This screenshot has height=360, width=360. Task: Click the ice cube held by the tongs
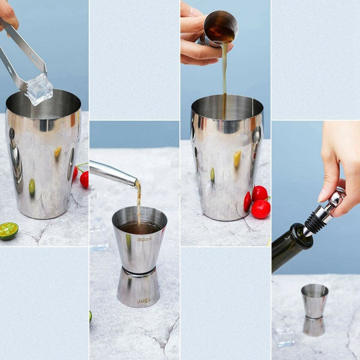click(39, 89)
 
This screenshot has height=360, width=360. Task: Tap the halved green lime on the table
click(8, 230)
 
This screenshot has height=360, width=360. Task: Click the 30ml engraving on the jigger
click(144, 239)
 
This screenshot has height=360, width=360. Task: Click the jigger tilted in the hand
click(220, 28)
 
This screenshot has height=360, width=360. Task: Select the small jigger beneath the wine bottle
click(314, 310)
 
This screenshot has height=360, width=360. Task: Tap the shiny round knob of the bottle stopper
click(337, 197)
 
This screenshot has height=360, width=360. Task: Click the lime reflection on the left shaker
click(32, 185)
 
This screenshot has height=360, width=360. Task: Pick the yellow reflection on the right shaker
click(237, 158)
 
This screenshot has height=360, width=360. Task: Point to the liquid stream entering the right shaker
click(224, 81)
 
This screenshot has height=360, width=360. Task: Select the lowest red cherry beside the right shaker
click(261, 209)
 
